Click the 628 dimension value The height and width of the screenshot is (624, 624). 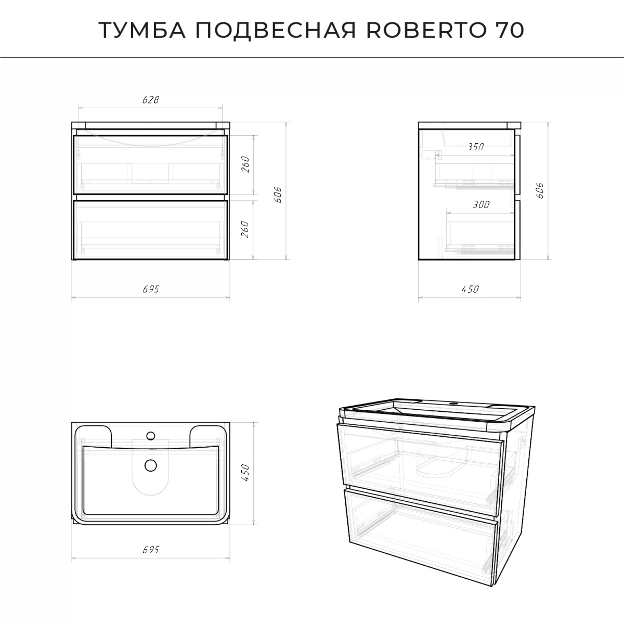(150, 100)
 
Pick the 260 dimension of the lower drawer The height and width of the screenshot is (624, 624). (246, 229)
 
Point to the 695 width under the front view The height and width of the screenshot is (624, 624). (150, 290)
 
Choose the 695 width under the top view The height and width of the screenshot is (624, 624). (150, 550)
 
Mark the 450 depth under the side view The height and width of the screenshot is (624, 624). (470, 290)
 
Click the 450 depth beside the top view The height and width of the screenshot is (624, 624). (246, 473)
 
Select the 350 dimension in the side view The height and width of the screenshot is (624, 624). (475, 147)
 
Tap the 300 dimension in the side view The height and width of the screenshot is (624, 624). (481, 205)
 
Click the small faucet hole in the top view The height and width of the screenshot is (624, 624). (151, 435)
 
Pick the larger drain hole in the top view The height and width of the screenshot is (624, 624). (151, 465)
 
